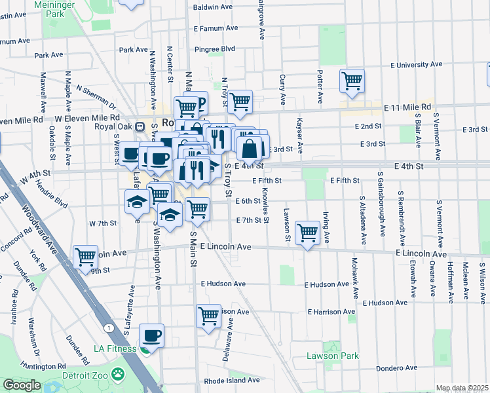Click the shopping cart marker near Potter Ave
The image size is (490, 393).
click(x=352, y=81)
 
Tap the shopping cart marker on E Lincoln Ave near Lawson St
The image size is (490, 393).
click(x=307, y=233)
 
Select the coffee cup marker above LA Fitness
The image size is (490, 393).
click(x=152, y=336)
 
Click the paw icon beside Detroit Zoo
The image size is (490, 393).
click(x=118, y=374)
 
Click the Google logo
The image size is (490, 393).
click(x=22, y=385)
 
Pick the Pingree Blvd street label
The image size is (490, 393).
click(x=215, y=49)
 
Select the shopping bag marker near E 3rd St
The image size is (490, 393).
click(x=250, y=147)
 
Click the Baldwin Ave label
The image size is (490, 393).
click(x=213, y=7)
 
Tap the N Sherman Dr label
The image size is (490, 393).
click(x=96, y=97)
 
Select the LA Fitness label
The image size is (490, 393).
click(x=115, y=348)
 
